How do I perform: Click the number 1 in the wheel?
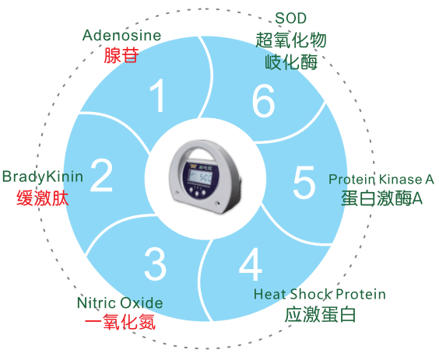[x=158, y=96]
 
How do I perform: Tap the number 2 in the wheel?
[x=101, y=175]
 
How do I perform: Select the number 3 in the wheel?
[x=156, y=264]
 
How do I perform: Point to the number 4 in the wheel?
[x=251, y=264]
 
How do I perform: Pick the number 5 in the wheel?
[x=304, y=182]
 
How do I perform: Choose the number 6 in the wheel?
[x=263, y=100]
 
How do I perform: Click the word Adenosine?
[x=121, y=35]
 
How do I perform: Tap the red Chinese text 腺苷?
[x=121, y=55]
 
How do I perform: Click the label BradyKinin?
[x=43, y=177]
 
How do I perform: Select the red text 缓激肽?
[x=43, y=197]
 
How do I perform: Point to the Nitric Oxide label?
[x=120, y=303]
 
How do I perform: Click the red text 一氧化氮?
[x=120, y=322]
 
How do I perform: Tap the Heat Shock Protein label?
[x=320, y=294]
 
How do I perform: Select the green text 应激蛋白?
[x=320, y=314]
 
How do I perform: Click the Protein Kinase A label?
[x=381, y=180]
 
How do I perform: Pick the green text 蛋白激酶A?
[x=381, y=198]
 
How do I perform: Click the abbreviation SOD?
[x=290, y=19]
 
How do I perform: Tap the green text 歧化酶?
[x=291, y=61]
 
